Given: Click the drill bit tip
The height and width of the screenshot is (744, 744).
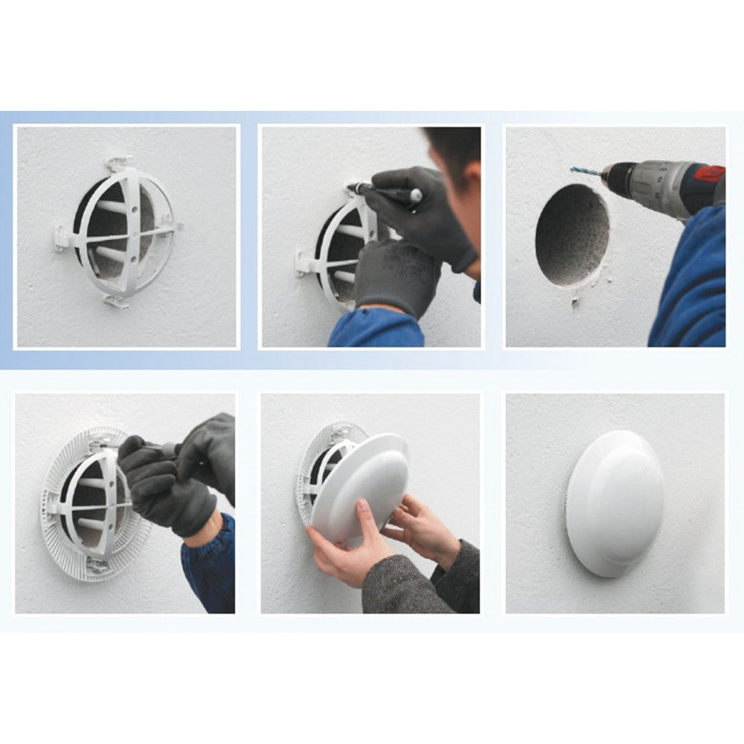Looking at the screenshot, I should pyautogui.click(x=574, y=170).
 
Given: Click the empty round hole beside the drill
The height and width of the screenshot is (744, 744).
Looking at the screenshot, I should pyautogui.click(x=571, y=233).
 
